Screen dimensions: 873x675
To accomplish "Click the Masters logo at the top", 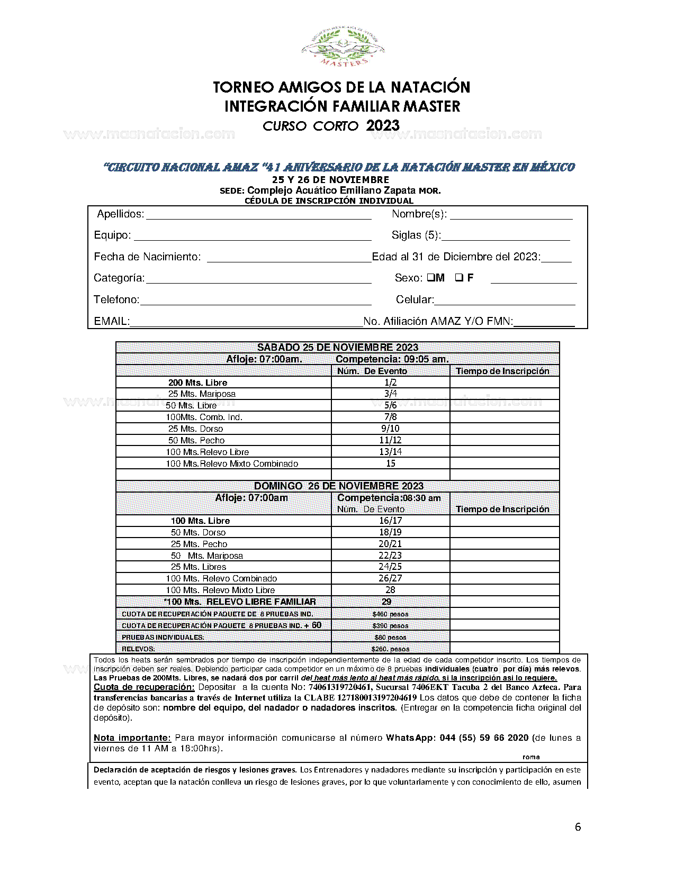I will [x=343, y=48].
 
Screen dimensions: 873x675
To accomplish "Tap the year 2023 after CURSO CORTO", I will [x=383, y=126].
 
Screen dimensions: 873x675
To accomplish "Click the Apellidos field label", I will [x=121, y=214].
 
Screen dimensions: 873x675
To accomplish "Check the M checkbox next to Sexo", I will [x=431, y=277].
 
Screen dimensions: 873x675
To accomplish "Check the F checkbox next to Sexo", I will [x=459, y=277].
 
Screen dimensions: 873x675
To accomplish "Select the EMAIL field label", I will [x=112, y=321].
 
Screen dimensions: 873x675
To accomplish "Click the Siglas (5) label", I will [x=416, y=235].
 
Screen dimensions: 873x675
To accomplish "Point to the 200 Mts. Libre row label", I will [x=197, y=383].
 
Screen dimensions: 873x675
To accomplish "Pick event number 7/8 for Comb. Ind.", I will [x=391, y=417].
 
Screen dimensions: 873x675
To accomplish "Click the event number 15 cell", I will [x=391, y=463].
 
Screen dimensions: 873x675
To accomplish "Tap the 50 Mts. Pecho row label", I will [x=196, y=440].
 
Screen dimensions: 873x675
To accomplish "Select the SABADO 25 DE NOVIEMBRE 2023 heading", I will [x=338, y=348].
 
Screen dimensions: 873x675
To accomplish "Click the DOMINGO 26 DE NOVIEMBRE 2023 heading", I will [x=339, y=486].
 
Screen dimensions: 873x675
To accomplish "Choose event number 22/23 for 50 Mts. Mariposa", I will [x=390, y=556].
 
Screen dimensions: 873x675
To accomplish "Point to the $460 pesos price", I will [x=390, y=614].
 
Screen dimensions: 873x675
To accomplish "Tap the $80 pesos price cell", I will [x=390, y=638].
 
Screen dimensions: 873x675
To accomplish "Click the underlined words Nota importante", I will [x=132, y=738].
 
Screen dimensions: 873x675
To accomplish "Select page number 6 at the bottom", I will [x=578, y=827].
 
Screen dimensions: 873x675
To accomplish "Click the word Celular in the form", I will [x=415, y=300].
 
